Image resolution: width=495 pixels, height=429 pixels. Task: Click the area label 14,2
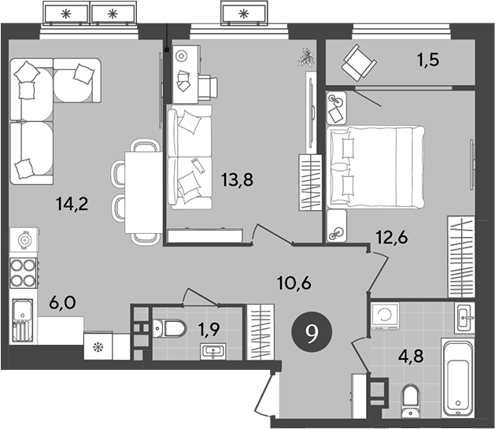(72, 205)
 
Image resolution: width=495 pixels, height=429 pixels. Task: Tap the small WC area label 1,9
(207, 328)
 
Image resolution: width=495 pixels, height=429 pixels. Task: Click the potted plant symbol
(305, 57)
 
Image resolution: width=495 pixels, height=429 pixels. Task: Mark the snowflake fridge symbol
(98, 346)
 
